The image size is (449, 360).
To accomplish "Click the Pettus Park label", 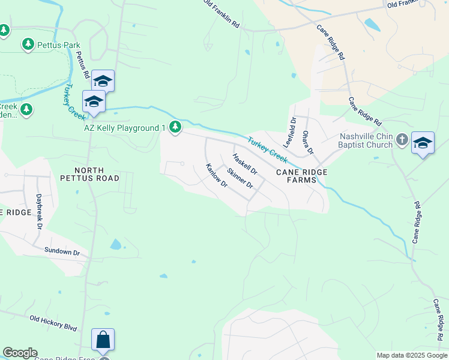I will (59, 44).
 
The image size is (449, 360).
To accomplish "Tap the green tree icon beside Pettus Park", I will (28, 44).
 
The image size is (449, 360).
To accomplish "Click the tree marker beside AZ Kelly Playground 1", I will (175, 127).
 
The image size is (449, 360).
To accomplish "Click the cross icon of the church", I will (402, 140).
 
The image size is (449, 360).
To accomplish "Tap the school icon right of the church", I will (423, 143).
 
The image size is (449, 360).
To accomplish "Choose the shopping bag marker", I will (103, 340).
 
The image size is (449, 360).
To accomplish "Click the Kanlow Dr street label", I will (216, 176).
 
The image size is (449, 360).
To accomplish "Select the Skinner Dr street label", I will (241, 178).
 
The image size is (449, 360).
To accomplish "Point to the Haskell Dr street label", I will (245, 165).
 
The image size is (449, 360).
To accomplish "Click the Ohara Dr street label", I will (308, 142).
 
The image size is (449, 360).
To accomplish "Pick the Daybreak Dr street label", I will (40, 211).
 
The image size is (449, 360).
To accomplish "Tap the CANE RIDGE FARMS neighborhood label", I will (302, 176).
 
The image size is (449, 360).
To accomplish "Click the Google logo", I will (20, 353).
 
